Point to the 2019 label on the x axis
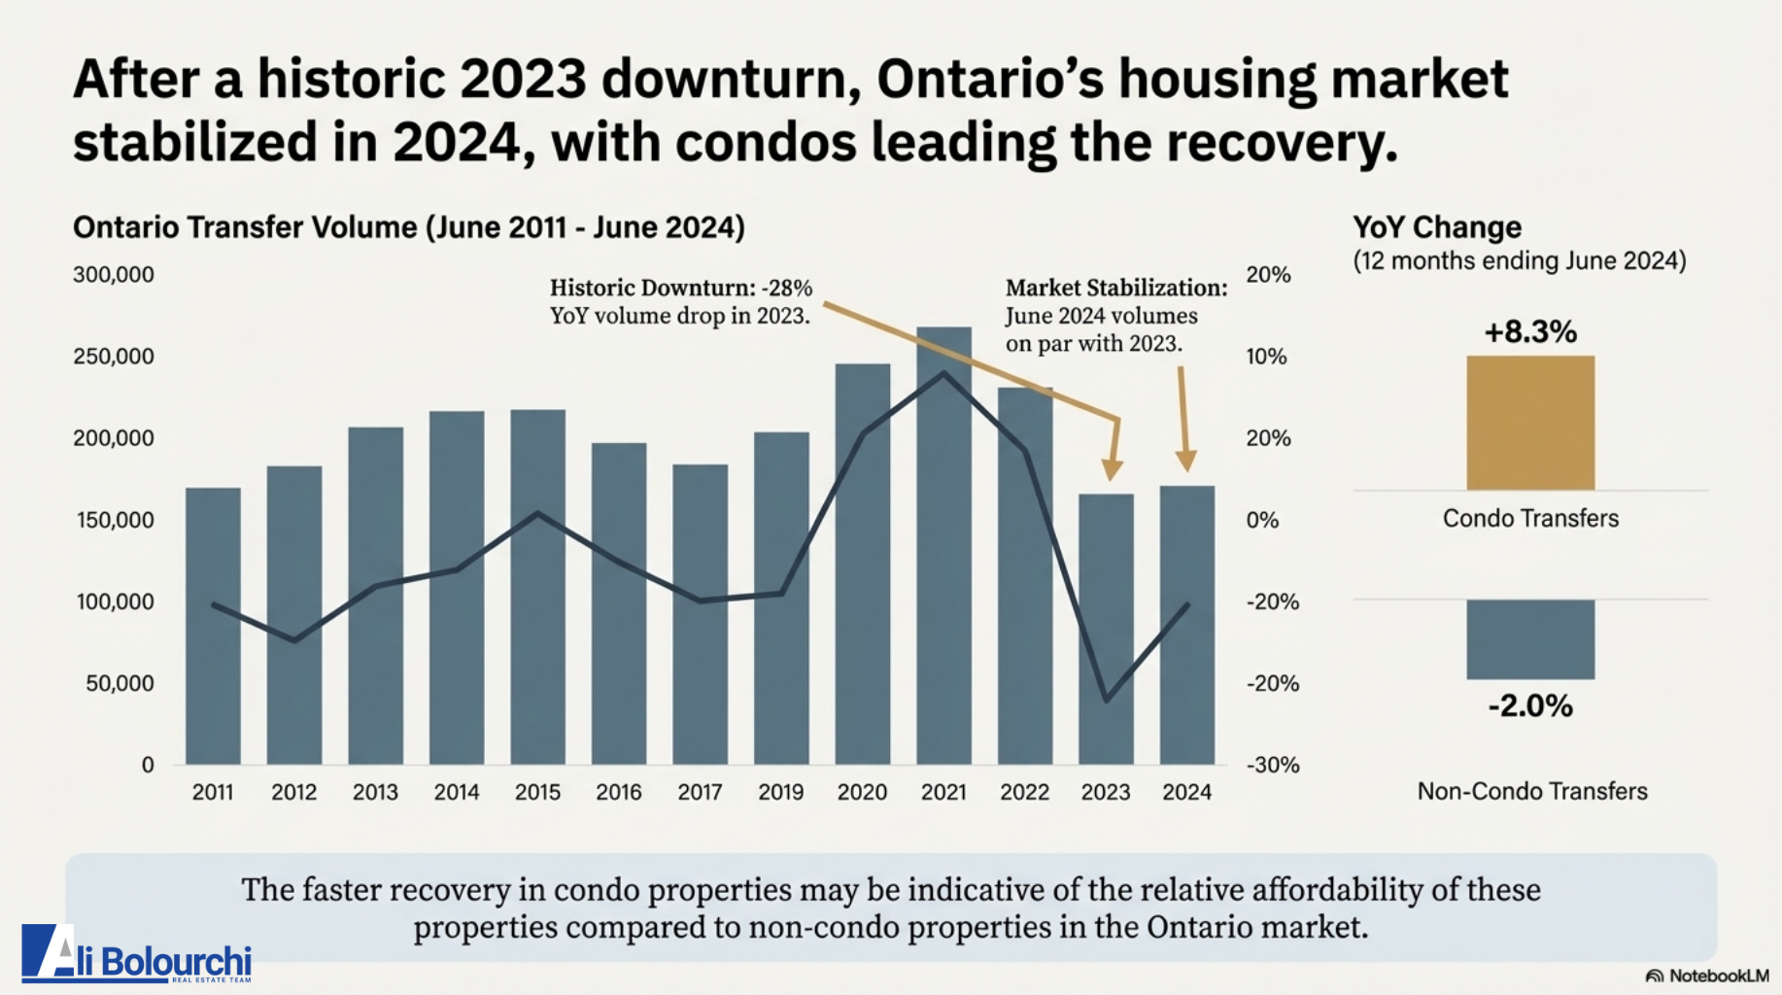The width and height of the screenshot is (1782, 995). (x=780, y=792)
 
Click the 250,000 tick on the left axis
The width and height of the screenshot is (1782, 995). (x=114, y=357)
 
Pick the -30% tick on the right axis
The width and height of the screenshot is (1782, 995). (x=1273, y=765)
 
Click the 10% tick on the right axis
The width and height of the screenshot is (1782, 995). (x=1266, y=357)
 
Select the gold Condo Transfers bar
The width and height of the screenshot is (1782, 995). (x=1530, y=423)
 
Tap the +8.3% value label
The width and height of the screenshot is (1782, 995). (x=1530, y=331)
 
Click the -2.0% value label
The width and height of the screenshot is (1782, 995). (x=1530, y=705)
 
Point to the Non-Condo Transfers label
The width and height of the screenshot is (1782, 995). (x=1532, y=791)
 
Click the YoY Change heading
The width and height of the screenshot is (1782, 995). (x=1437, y=227)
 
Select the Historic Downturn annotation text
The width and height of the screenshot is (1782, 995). (x=680, y=301)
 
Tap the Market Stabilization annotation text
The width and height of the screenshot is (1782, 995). (x=1115, y=315)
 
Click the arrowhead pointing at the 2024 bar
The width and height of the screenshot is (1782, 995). (x=1185, y=461)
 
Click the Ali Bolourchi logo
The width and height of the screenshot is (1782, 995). (x=137, y=954)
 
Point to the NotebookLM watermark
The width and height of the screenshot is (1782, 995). (x=1707, y=976)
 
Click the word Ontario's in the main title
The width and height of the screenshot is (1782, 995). (x=990, y=80)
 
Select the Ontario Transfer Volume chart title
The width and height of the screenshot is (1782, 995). (x=409, y=227)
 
